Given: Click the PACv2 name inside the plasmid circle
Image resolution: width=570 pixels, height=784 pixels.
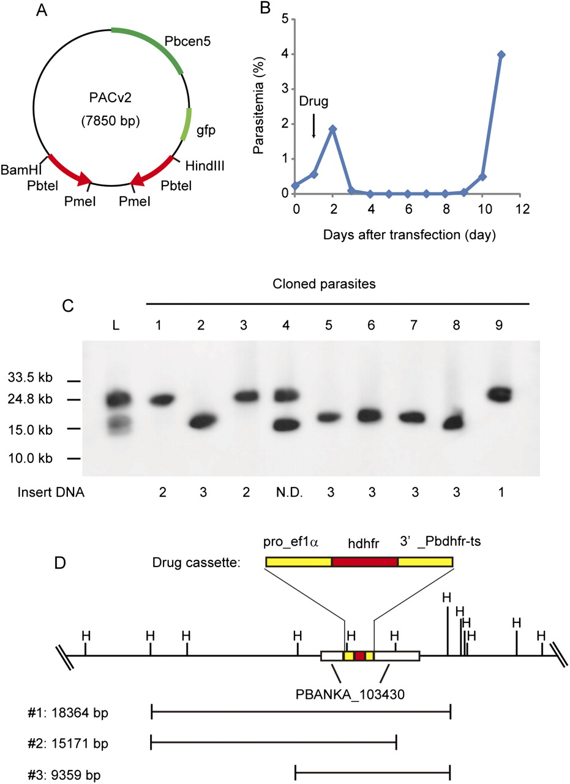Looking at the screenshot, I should point(110,99).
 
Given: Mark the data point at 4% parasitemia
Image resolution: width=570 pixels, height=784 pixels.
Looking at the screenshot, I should point(501,55).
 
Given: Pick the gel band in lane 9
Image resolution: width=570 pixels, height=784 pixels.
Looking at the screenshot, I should point(501,394).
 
